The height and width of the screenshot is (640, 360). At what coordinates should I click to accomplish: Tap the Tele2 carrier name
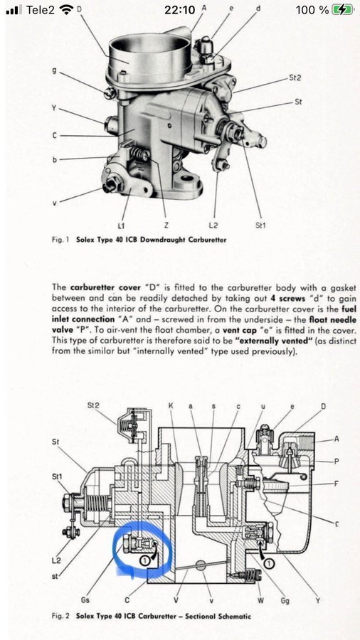pyautogui.click(x=40, y=10)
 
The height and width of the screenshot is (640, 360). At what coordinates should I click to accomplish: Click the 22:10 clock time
pyautogui.click(x=179, y=10)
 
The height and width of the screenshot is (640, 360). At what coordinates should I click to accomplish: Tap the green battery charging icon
pyautogui.click(x=342, y=10)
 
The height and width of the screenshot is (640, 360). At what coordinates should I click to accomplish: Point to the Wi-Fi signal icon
pyautogui.click(x=65, y=10)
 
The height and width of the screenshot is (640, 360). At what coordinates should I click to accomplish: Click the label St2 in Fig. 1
pyautogui.click(x=295, y=77)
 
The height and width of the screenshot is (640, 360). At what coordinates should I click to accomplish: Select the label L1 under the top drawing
pyautogui.click(x=121, y=225)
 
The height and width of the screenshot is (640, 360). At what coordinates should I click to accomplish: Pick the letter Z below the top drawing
pyautogui.click(x=165, y=225)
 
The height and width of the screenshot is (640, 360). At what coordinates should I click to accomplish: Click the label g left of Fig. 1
pyautogui.click(x=55, y=70)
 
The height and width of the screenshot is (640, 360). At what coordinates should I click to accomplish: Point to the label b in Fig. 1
pyautogui.click(x=55, y=159)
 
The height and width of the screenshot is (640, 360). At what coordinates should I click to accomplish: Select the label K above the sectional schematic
pyautogui.click(x=171, y=406)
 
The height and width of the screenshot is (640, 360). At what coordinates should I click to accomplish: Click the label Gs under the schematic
pyautogui.click(x=85, y=600)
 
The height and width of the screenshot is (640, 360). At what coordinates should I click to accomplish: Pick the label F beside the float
pyautogui.click(x=336, y=484)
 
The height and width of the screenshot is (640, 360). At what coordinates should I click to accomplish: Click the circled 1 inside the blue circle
pyautogui.click(x=144, y=560)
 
